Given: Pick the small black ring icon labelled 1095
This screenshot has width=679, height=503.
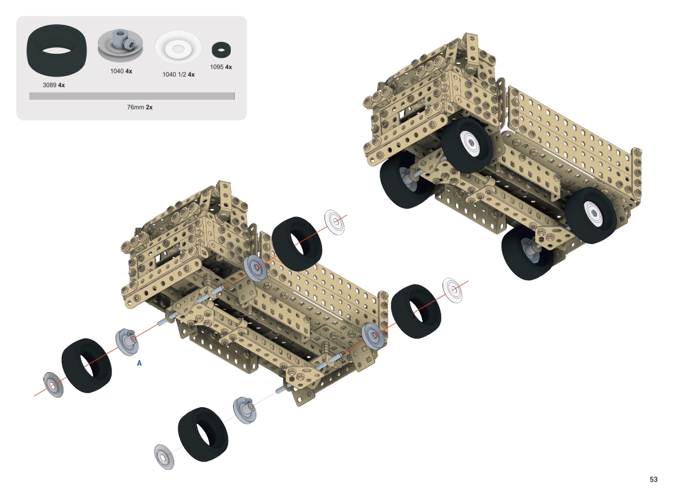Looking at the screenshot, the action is coord(221,50).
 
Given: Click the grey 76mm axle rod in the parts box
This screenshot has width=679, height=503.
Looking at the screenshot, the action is coord(132,96).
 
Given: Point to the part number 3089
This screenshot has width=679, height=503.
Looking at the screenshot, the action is coord(49,85).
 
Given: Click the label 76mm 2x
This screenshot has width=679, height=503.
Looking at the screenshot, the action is coord(140,107).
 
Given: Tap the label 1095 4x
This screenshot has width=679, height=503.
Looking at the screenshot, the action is coord(221,67).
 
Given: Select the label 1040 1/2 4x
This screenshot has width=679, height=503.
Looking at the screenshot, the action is coord(178,74).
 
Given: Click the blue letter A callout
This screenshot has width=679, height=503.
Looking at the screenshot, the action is coord(139,363).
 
